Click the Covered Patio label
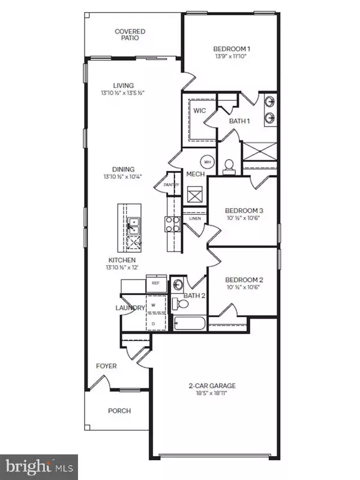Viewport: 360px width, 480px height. pos(130,34)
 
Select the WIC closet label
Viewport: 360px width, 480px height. pos(199,110)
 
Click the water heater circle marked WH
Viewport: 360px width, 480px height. pos(208,161)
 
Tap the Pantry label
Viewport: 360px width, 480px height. pos(163,186)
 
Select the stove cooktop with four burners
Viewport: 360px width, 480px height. pos(172,224)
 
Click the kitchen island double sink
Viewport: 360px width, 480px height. pos(133,226)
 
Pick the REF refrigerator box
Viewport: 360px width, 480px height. pos(155,283)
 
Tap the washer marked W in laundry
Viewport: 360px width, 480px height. pos(152,305)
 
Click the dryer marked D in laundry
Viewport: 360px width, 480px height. pos(152,323)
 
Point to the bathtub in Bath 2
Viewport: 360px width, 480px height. pos(189,325)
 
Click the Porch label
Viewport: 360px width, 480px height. pos(119,411)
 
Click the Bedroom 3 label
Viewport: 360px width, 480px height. pos(244,211)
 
